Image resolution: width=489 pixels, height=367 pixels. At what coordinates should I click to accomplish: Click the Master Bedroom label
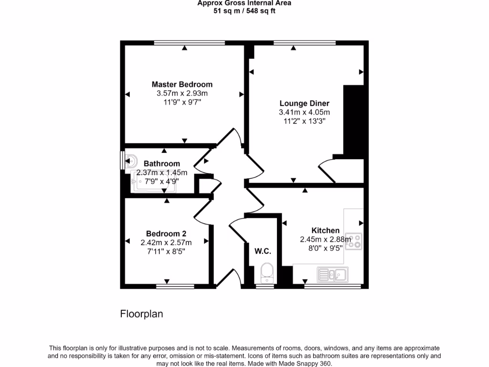coord(182,85)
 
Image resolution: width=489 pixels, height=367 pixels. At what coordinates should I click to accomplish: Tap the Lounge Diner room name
coord(304,103)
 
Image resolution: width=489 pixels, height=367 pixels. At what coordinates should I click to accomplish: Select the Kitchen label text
coord(325,230)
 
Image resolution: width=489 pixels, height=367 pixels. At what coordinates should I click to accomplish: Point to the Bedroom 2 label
coord(166,234)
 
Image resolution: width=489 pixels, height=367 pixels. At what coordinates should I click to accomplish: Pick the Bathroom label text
coord(162,163)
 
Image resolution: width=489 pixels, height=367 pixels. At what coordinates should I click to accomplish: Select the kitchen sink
coord(332,274)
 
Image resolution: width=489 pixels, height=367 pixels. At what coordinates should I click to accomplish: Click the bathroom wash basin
coord(131,160)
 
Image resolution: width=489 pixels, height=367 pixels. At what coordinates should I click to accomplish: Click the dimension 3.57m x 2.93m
coord(182,94)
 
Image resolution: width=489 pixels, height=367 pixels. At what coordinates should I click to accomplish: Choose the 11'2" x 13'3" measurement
coord(304,121)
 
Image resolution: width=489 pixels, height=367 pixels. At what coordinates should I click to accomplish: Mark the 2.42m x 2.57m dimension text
coord(166,243)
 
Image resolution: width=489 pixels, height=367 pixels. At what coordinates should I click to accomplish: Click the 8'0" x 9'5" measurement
coord(325,248)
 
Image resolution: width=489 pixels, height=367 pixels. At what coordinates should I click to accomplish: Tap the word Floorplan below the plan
coord(141,314)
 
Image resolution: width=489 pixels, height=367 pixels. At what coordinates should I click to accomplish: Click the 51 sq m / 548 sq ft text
coord(244,11)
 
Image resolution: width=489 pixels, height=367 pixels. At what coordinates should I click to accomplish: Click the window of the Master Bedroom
coord(189,43)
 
